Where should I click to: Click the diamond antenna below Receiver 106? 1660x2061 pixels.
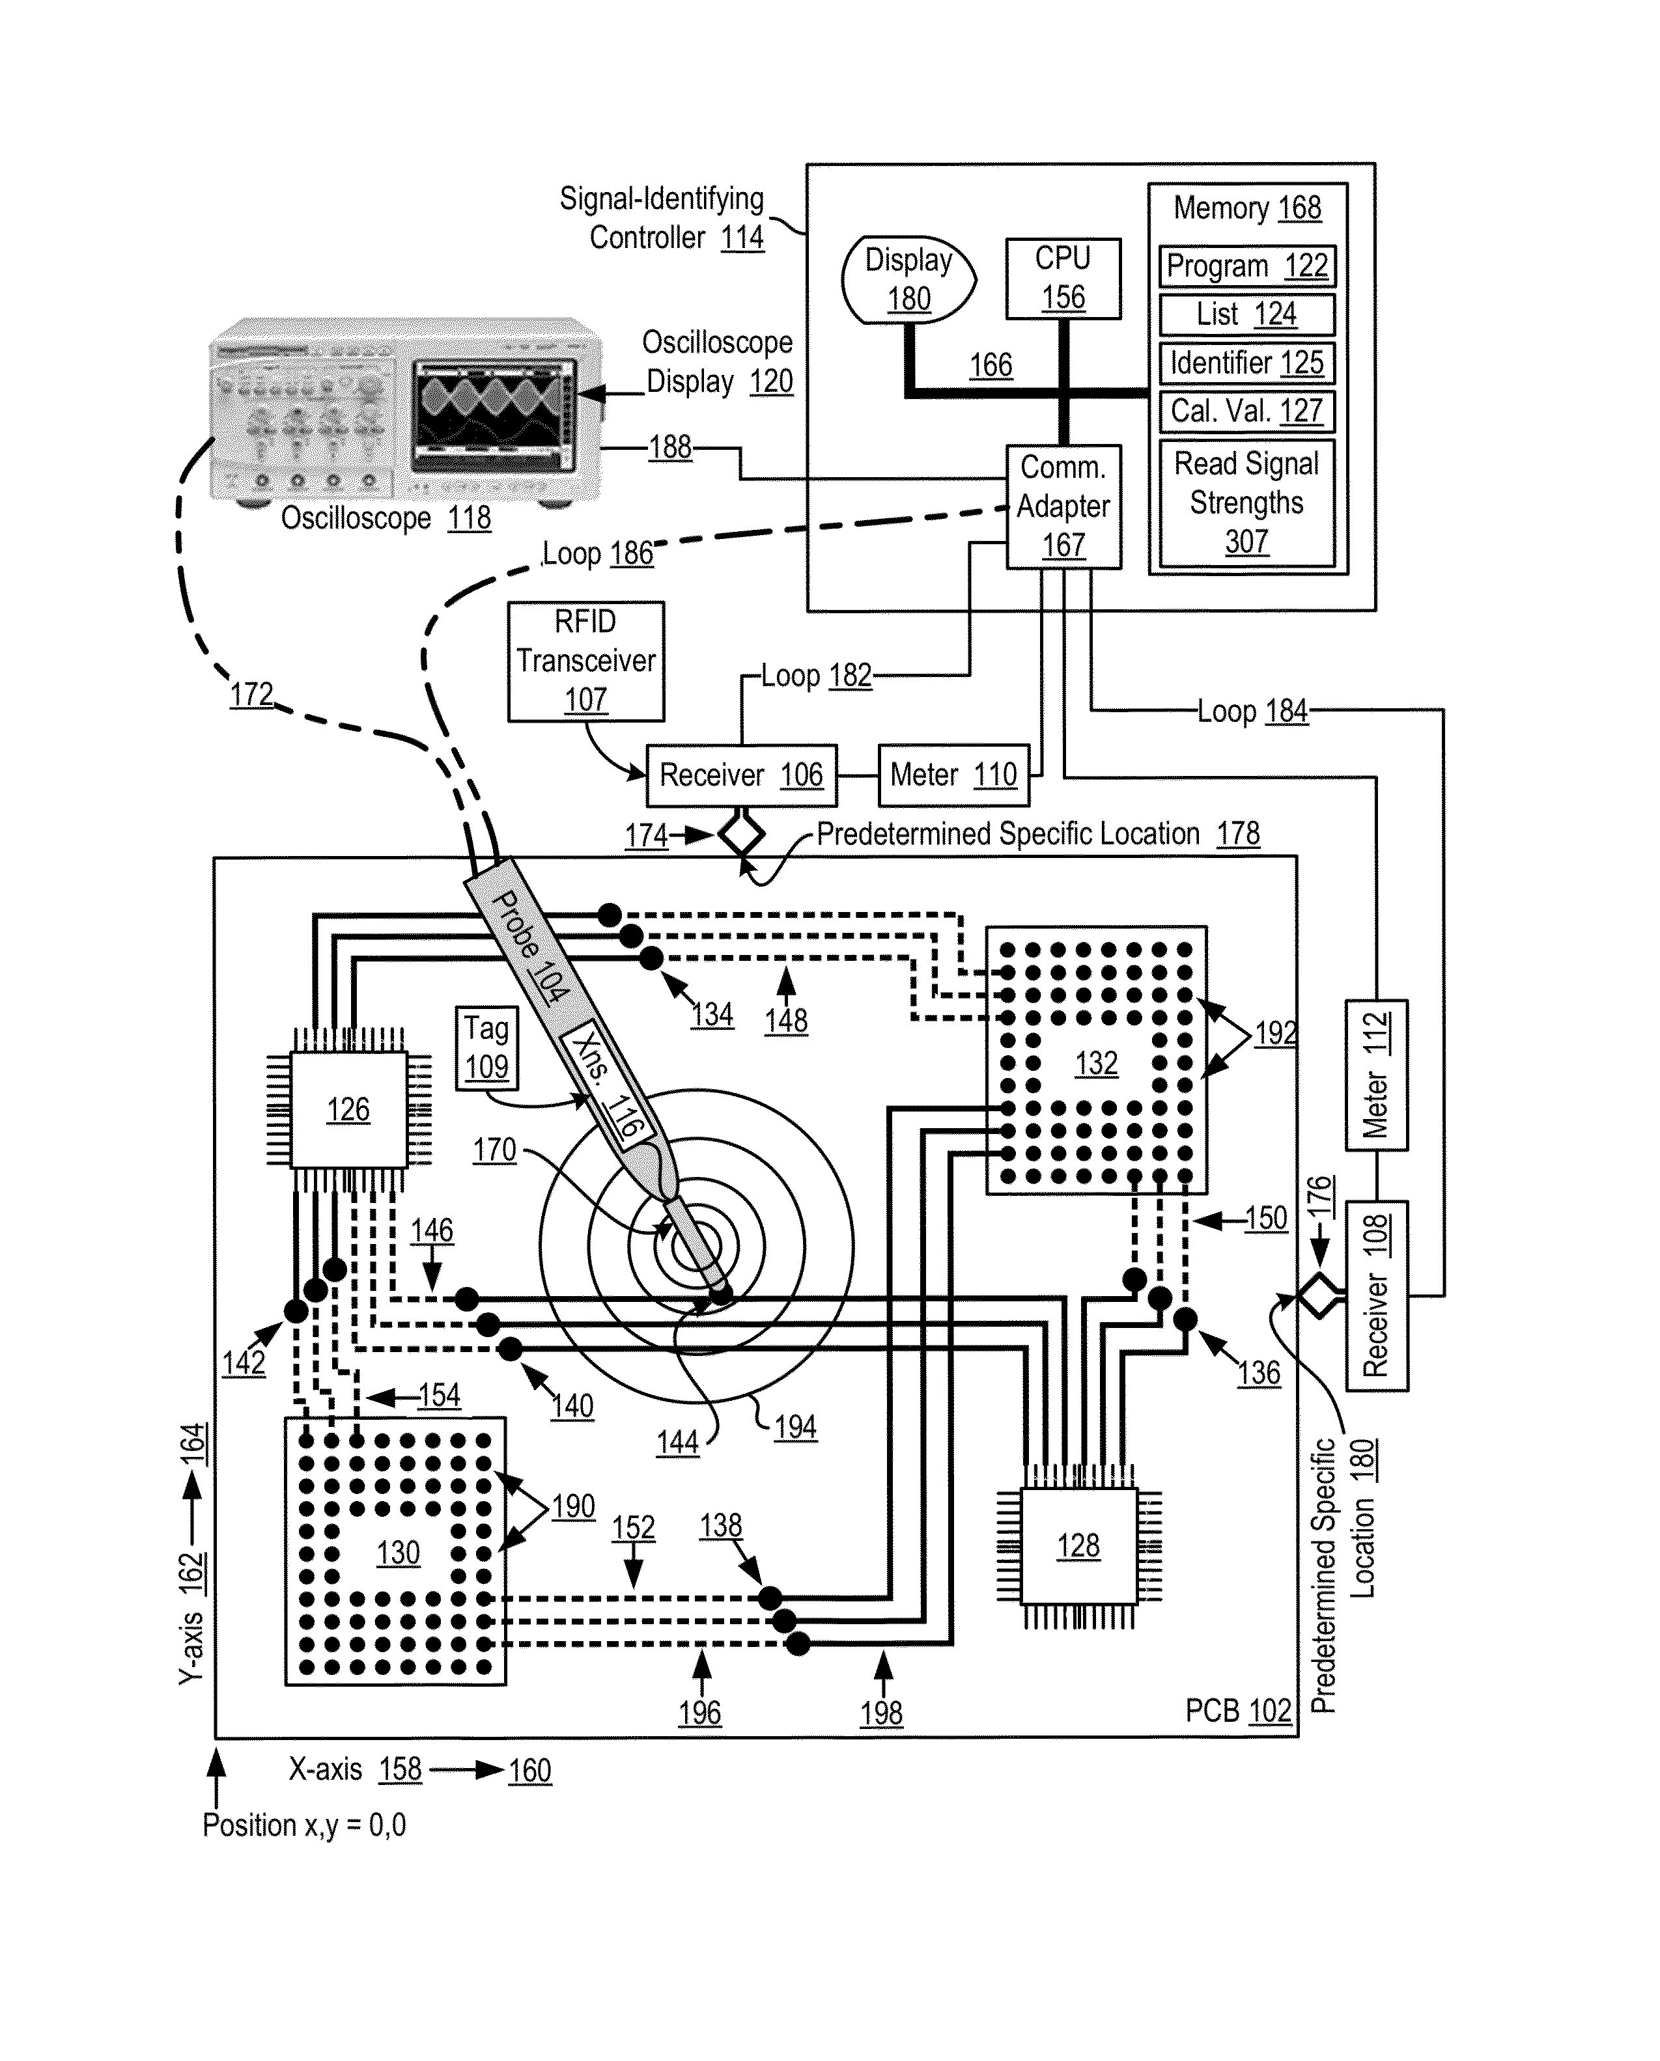(741, 835)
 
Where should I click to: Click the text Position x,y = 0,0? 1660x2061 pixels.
(304, 1825)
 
